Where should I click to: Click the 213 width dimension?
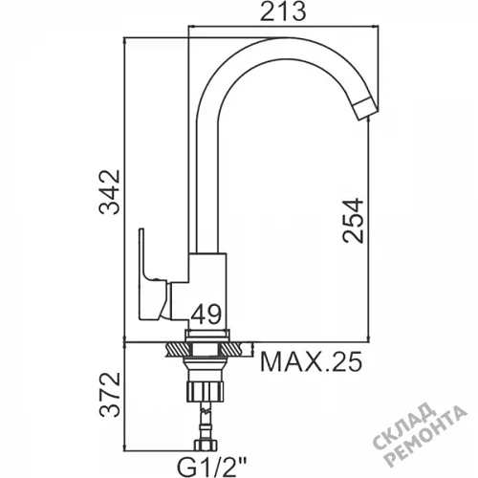tap(283, 12)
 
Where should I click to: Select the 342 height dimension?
tap(110, 192)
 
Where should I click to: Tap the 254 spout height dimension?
tap(353, 221)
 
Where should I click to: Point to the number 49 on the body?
tap(206, 315)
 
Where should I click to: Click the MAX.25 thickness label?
tap(312, 361)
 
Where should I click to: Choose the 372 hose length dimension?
tap(110, 394)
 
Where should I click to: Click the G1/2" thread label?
tap(212, 467)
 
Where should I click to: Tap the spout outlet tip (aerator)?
tap(367, 109)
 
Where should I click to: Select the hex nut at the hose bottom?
tap(206, 445)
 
